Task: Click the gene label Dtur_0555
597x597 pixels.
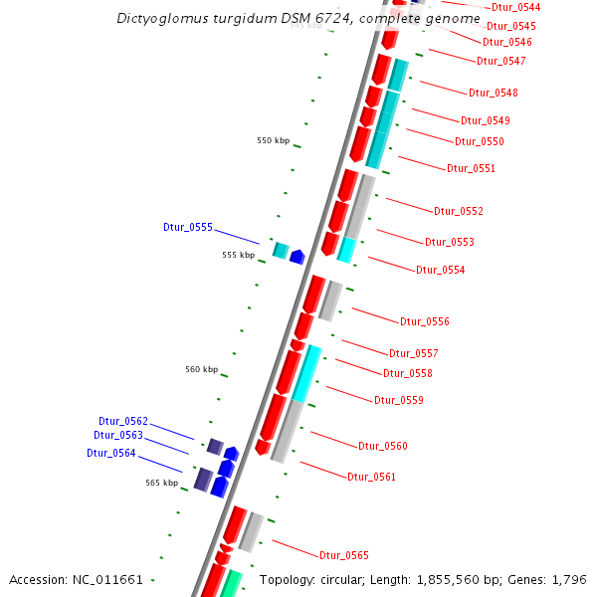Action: click(x=188, y=228)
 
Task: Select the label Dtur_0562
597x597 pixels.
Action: click(x=122, y=422)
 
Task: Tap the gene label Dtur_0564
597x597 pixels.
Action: click(x=110, y=454)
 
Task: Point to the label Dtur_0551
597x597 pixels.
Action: click(x=471, y=169)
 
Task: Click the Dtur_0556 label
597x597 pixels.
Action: click(x=425, y=322)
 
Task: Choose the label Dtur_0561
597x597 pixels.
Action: click(x=371, y=478)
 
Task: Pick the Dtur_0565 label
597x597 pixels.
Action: click(x=343, y=555)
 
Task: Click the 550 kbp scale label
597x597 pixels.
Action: click(x=273, y=141)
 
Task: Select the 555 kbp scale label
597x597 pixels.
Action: click(x=238, y=256)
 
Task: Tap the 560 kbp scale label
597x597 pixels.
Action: click(x=201, y=370)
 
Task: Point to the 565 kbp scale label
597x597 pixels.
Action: click(x=161, y=484)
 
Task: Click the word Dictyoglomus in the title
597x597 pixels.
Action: click(x=157, y=19)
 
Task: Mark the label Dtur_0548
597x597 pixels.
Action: click(x=494, y=94)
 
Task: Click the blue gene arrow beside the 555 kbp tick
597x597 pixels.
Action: click(x=297, y=257)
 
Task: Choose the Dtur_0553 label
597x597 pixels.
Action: click(x=450, y=243)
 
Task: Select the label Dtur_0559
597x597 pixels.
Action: click(x=399, y=401)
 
